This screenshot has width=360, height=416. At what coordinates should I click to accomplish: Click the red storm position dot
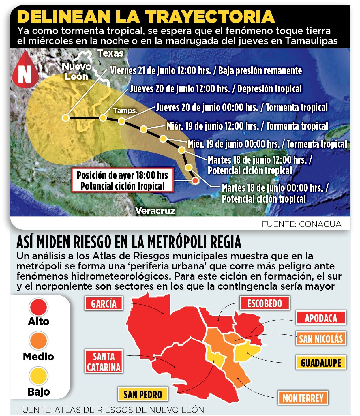point(195,181)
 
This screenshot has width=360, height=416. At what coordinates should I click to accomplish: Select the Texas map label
point(110,53)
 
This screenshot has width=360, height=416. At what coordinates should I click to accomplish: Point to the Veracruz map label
point(155,211)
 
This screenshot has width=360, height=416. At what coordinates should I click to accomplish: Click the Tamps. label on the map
point(125,110)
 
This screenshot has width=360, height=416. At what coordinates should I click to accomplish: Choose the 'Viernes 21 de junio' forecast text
point(206,71)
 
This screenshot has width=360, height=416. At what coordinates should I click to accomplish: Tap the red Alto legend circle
point(39,307)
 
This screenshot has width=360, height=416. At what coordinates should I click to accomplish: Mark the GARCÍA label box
point(104,303)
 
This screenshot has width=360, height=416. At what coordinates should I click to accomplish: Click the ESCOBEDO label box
point(265,303)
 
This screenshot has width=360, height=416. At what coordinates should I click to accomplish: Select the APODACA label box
point(321,318)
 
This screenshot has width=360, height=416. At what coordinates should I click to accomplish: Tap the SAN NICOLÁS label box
point(321,338)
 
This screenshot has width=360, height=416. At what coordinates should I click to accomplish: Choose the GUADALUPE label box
point(321,363)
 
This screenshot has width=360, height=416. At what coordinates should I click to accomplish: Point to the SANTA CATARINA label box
point(104,362)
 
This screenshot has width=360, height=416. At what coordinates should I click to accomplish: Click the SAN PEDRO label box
point(143,394)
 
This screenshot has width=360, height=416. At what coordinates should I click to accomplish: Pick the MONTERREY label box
point(303,398)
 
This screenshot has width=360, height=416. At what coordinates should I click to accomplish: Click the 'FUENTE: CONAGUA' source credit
point(301,224)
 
